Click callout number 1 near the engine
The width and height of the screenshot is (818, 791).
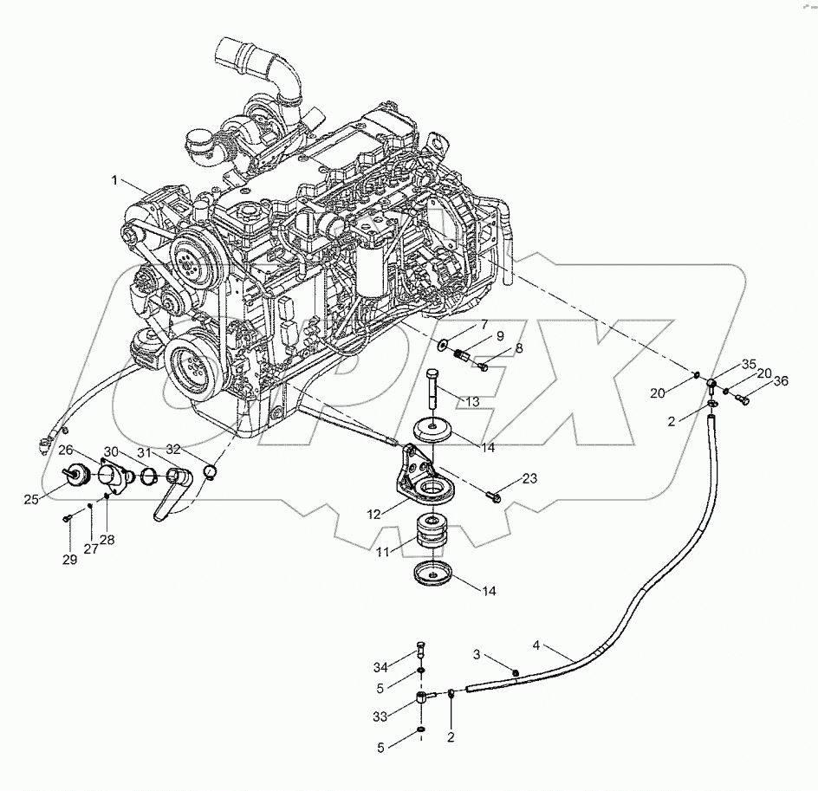(x=114, y=180)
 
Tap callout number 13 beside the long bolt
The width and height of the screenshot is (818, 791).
(x=471, y=401)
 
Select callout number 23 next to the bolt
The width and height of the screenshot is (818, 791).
(x=529, y=479)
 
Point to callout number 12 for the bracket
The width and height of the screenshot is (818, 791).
(x=373, y=514)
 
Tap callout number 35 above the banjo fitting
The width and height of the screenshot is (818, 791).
(x=749, y=364)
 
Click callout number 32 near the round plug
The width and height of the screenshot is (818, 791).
(x=174, y=449)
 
